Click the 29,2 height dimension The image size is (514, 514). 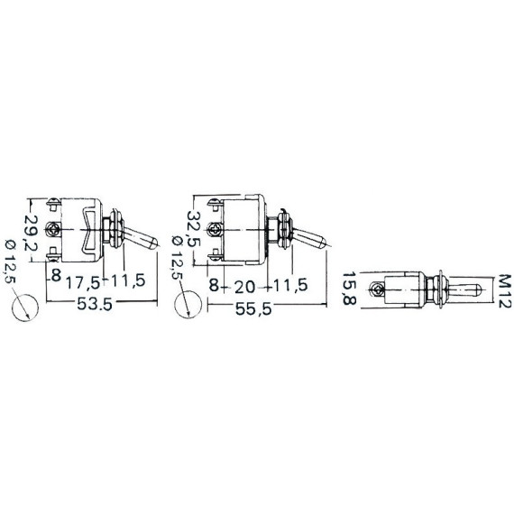tap(32, 233)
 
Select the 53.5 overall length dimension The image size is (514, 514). tap(95, 304)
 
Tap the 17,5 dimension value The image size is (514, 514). tap(83, 283)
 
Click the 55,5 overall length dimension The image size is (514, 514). tap(253, 308)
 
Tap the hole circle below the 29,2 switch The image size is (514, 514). tap(25, 307)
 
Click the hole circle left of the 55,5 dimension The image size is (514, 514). tap(188, 305)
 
